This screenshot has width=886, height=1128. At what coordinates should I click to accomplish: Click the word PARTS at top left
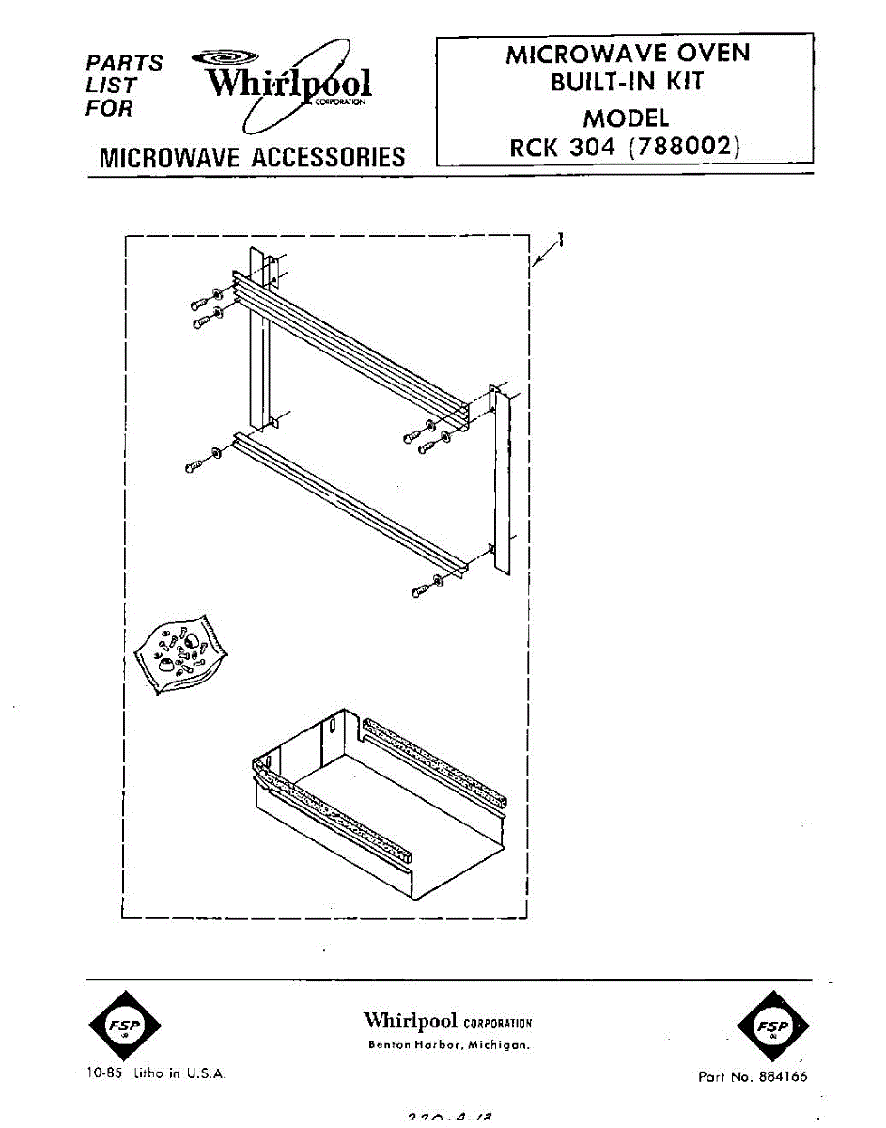(123, 63)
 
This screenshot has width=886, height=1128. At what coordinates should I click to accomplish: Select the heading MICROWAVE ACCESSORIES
(252, 157)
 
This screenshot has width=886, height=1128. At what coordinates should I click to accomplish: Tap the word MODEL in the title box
(626, 118)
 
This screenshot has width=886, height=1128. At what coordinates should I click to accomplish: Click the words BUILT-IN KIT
(627, 82)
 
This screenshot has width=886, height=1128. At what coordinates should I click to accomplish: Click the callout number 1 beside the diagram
(561, 241)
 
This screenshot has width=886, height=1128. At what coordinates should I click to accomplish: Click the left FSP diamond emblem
(123, 1026)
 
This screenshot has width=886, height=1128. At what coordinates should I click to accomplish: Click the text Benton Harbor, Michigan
(448, 1045)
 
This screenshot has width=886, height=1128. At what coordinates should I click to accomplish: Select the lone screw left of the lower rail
(196, 462)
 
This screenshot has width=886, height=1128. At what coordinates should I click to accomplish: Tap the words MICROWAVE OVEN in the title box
(628, 54)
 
